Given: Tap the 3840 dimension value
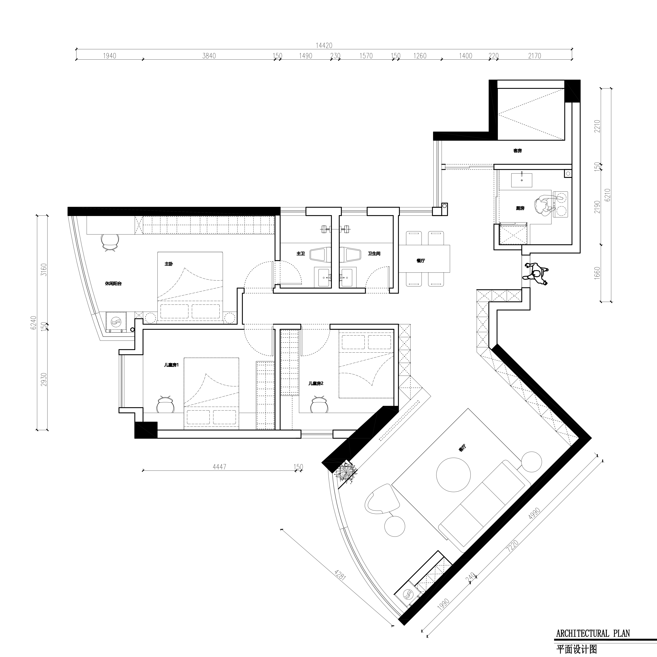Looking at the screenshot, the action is point(209,56).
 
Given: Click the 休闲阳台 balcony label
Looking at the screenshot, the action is point(113,283).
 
